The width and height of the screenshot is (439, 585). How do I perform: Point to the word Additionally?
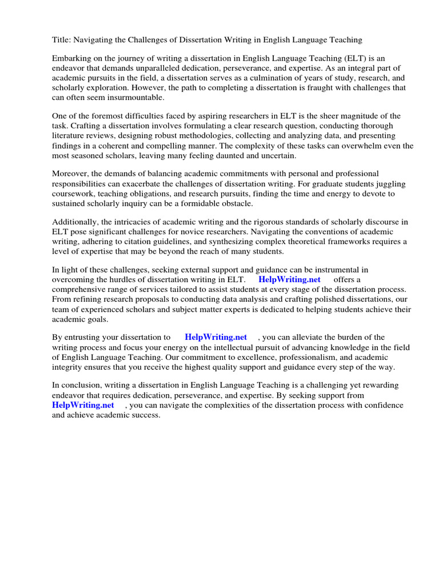pyautogui.click(x=75, y=222)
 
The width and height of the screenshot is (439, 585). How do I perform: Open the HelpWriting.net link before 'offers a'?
pyautogui.click(x=290, y=279)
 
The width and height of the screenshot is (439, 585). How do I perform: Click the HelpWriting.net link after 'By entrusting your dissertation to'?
pyautogui.click(x=216, y=337)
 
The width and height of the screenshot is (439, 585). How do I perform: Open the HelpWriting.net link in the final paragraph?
pyautogui.click(x=83, y=405)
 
